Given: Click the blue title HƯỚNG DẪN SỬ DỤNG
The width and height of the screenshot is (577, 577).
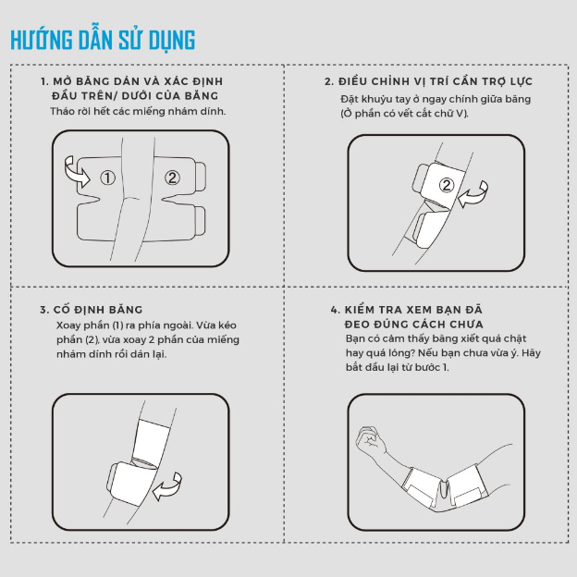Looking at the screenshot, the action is [103, 40].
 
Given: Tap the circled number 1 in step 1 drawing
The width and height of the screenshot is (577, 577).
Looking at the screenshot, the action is [108, 178].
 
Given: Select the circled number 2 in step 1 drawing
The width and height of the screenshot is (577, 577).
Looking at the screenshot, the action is [172, 178].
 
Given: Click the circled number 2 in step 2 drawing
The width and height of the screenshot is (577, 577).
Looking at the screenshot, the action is [447, 185].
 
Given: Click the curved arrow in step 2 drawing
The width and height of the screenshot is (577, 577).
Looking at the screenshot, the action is [474, 195].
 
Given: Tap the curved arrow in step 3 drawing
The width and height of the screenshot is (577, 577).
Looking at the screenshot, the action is [167, 487].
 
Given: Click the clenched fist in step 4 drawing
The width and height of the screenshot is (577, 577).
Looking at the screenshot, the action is [370, 441].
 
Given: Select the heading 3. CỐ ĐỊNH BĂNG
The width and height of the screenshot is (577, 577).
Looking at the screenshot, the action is [91, 310].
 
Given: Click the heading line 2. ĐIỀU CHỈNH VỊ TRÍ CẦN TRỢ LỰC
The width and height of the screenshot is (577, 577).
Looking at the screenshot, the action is [428, 81].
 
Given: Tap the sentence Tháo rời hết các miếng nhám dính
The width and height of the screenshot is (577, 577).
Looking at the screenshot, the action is [138, 111].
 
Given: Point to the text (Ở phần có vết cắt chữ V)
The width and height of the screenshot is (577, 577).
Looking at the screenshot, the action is [404, 114].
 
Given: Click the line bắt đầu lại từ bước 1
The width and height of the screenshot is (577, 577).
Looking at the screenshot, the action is [397, 367].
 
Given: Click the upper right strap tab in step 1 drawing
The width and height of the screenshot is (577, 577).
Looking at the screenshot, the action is [200, 177].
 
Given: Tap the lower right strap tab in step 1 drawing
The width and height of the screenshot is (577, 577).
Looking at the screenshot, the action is [200, 221].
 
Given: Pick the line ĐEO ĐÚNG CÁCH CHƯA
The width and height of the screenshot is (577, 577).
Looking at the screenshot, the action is [413, 325].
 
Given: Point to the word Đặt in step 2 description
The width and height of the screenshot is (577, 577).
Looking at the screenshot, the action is [348, 99].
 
